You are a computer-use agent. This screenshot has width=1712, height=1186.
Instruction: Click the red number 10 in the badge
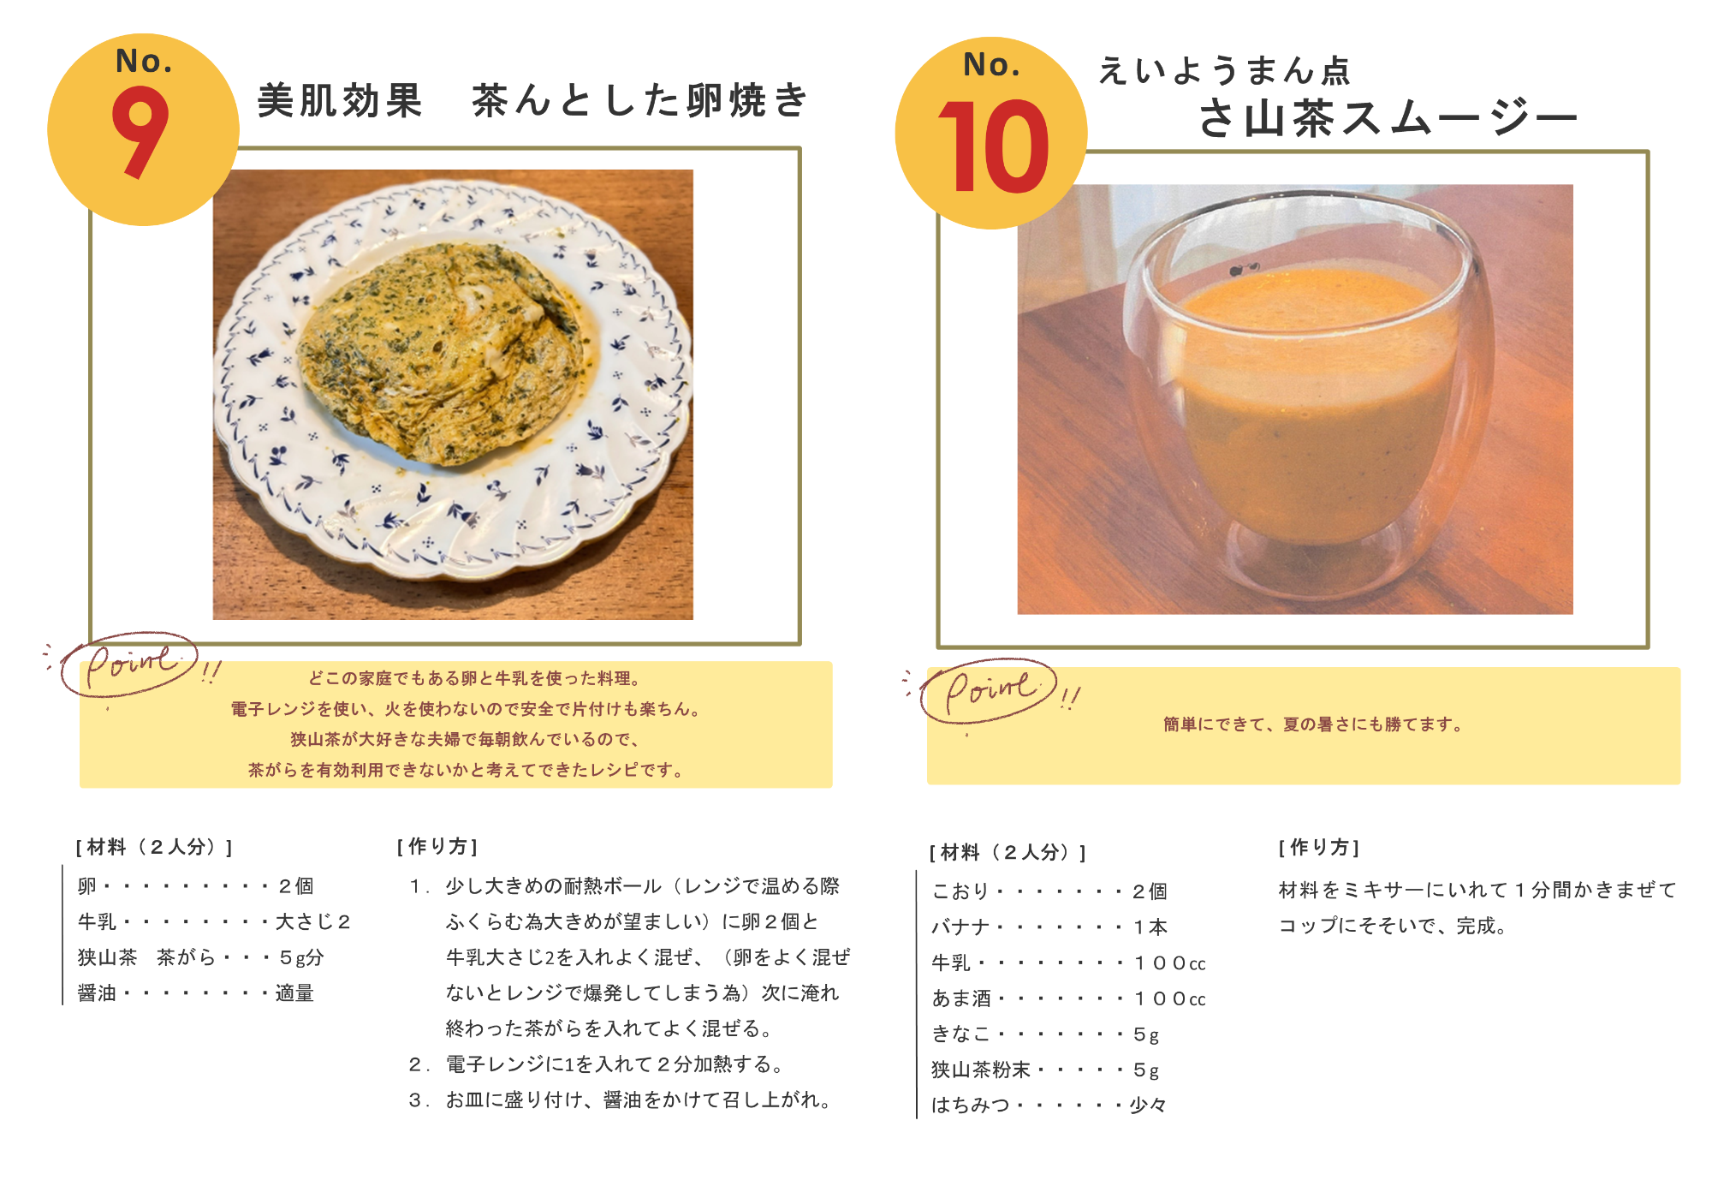click(x=993, y=146)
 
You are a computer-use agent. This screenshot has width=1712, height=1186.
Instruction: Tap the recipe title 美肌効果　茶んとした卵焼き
click(x=532, y=101)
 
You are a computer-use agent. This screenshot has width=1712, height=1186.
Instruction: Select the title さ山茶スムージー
click(x=1387, y=118)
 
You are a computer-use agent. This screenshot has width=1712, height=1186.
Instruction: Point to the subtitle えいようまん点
click(x=1224, y=70)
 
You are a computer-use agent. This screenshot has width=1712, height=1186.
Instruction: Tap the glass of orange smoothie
click(x=1310, y=402)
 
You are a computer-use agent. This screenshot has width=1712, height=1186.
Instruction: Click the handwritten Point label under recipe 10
click(x=990, y=689)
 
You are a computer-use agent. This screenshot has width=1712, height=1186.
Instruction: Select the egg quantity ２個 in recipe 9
click(x=296, y=886)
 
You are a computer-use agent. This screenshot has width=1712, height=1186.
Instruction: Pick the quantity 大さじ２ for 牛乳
click(x=313, y=922)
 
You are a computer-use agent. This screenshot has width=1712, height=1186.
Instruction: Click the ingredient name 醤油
click(x=97, y=993)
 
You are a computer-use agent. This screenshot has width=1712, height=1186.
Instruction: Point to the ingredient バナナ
click(x=960, y=927)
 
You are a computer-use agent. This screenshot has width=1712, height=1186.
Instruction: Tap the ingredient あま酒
click(x=961, y=998)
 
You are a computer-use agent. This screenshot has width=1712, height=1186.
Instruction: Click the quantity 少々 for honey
click(x=1149, y=1106)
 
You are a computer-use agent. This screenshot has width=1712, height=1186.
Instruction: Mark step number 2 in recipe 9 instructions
click(x=416, y=1064)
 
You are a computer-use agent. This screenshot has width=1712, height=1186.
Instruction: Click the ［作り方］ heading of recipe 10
click(x=1319, y=848)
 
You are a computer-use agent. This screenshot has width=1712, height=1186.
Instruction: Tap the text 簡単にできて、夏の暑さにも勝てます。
click(x=1312, y=724)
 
